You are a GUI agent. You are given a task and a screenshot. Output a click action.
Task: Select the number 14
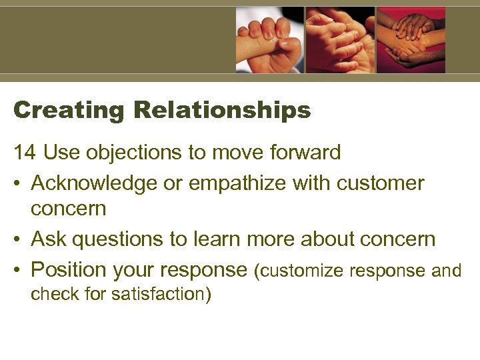coord(25,153)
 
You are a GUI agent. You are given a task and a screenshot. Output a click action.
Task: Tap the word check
coord(54,293)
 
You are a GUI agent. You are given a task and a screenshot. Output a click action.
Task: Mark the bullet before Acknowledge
coord(18,183)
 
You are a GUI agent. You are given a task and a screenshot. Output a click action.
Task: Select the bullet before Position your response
coord(18,270)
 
